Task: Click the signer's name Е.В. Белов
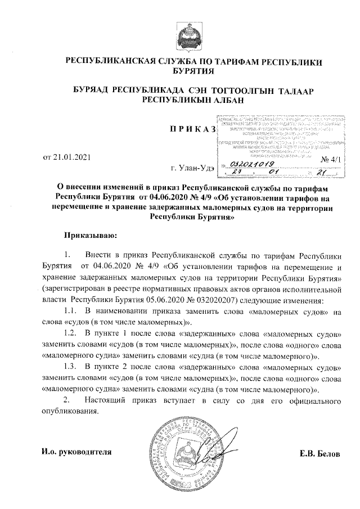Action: [321, 453]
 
